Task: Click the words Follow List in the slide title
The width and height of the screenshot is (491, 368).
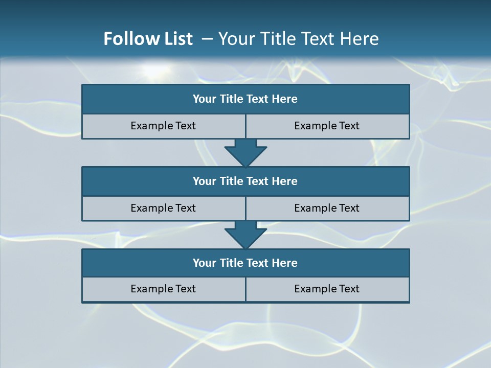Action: pyautogui.click(x=148, y=39)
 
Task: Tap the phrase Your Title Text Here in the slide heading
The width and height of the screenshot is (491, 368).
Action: pyautogui.click(x=299, y=39)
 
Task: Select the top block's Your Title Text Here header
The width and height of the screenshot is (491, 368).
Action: pyautogui.click(x=245, y=99)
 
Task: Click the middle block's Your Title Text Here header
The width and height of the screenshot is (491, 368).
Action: pyautogui.click(x=245, y=181)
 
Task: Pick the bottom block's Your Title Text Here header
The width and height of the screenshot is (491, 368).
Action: pyautogui.click(x=245, y=263)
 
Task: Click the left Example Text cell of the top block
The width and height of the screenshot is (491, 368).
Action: pyautogui.click(x=163, y=126)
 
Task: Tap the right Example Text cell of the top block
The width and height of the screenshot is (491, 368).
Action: pyautogui.click(x=327, y=126)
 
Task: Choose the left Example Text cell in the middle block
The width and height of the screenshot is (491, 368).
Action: pyautogui.click(x=163, y=208)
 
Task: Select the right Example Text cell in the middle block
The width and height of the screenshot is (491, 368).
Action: pyautogui.click(x=327, y=208)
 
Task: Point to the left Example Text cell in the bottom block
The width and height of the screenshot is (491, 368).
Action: pyautogui.click(x=163, y=289)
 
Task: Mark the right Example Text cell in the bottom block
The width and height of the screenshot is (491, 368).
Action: pyautogui.click(x=327, y=289)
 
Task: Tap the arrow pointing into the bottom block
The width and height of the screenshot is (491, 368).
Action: pyautogui.click(x=245, y=235)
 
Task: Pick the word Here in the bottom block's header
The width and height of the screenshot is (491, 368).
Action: pyautogui.click(x=285, y=263)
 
